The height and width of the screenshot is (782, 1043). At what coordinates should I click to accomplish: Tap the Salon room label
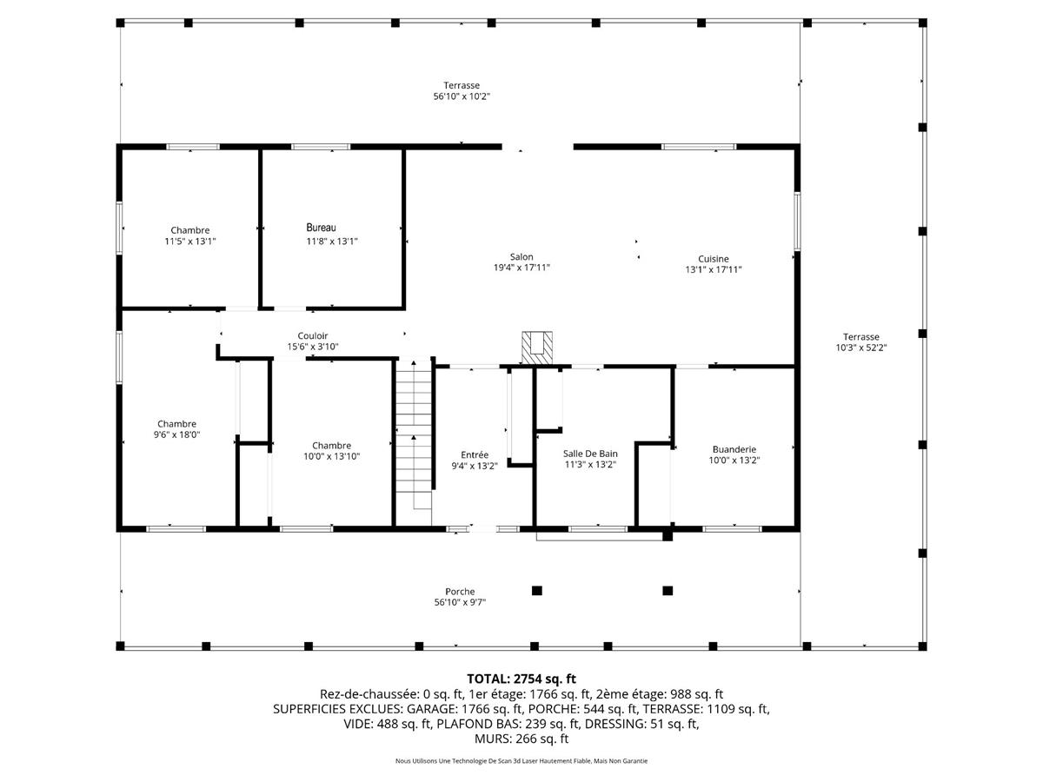pyautogui.click(x=521, y=257)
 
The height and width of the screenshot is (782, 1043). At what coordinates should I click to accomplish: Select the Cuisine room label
pyautogui.click(x=713, y=258)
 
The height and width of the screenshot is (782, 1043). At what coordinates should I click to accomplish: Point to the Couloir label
pyautogui.click(x=313, y=335)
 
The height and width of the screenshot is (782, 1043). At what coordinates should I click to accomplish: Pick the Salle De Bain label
pyautogui.click(x=590, y=454)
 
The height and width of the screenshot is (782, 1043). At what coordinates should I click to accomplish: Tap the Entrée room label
pyautogui.click(x=475, y=454)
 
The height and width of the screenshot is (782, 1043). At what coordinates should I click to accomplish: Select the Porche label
pyautogui.click(x=460, y=592)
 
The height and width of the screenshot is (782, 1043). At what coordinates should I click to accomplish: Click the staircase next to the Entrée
pyautogui.click(x=414, y=434)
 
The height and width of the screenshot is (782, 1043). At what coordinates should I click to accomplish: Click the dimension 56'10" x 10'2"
pyautogui.click(x=462, y=96)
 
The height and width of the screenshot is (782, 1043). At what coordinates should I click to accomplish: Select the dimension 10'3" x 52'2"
pyautogui.click(x=860, y=348)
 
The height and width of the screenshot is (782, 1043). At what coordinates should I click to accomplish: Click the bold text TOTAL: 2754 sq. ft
pyautogui.click(x=521, y=679)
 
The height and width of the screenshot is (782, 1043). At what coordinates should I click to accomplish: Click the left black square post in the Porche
pyautogui.click(x=537, y=591)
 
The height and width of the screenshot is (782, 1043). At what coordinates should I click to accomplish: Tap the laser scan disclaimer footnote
pyautogui.click(x=521, y=761)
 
